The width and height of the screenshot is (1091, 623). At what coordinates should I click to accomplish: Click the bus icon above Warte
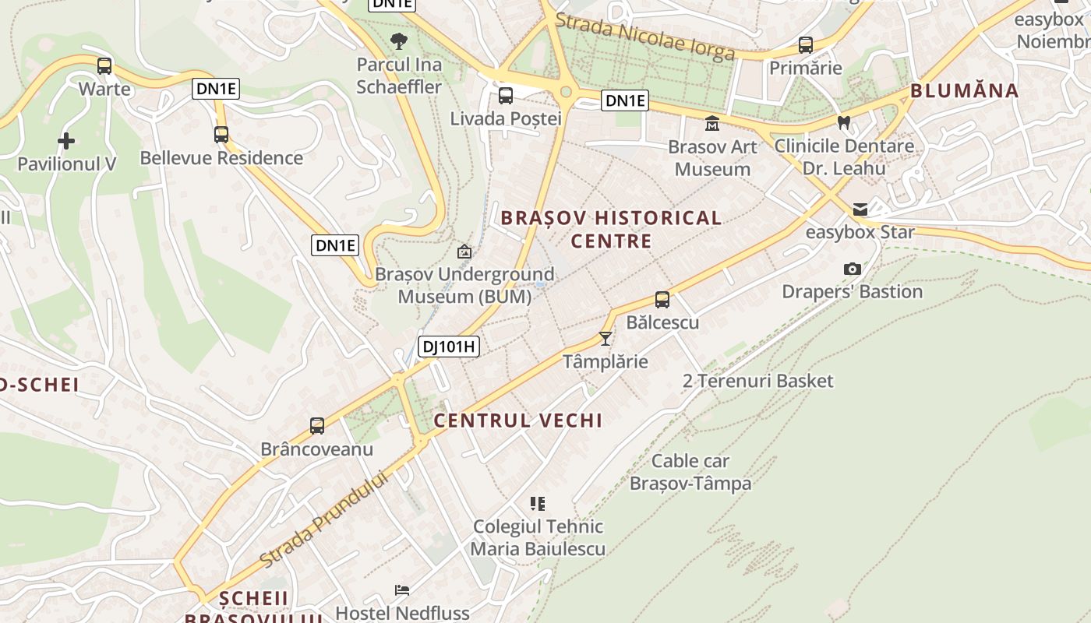(x=104, y=66)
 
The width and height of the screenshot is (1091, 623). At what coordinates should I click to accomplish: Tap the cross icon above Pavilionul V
(x=66, y=141)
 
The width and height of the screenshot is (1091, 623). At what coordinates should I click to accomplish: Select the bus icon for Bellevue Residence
(x=221, y=135)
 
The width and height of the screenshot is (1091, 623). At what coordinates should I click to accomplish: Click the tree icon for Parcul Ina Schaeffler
(x=399, y=41)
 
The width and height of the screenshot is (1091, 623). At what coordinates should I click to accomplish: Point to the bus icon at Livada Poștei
(x=506, y=96)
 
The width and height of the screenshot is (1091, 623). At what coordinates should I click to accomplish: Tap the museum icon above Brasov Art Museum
(x=712, y=124)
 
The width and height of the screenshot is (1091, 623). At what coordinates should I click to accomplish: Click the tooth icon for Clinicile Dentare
(x=843, y=122)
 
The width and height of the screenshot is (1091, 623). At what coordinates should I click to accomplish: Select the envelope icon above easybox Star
(x=860, y=209)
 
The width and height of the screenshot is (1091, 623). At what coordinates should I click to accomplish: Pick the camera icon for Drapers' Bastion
(x=853, y=269)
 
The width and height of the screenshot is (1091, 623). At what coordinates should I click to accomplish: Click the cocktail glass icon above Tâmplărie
(x=605, y=338)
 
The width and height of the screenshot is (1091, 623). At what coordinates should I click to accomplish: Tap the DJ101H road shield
(x=448, y=347)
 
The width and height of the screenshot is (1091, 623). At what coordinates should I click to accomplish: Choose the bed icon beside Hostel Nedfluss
(x=402, y=590)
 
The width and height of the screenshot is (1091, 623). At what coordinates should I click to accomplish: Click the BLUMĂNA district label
(x=964, y=91)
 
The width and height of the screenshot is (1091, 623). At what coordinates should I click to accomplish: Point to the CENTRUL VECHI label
(x=518, y=421)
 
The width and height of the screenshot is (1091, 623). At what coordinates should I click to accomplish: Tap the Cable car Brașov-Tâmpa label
(x=690, y=472)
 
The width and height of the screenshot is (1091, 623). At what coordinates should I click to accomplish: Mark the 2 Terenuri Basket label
(x=757, y=381)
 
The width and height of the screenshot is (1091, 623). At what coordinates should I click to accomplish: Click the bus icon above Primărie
(x=806, y=45)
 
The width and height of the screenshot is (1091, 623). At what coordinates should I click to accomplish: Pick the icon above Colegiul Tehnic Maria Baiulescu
(x=538, y=504)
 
